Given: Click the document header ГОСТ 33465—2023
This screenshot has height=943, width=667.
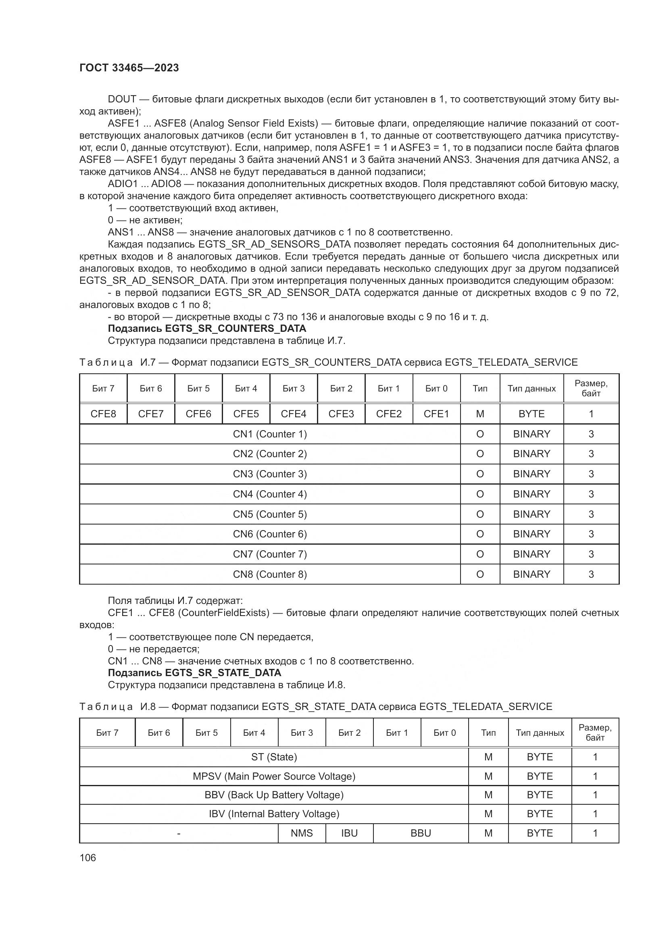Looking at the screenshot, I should pos(129,68).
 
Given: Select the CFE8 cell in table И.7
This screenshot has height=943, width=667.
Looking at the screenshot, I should pos(103,414).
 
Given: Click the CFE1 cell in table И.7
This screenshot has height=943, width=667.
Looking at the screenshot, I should pos(436,414).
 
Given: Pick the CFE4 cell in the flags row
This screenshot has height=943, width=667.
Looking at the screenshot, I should pos(293,414).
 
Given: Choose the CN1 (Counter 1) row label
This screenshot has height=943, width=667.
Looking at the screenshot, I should pos(270,434).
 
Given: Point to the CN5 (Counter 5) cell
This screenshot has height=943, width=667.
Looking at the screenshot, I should pos(270,514).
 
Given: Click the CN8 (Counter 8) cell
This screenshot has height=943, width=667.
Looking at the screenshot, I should pos(270,574).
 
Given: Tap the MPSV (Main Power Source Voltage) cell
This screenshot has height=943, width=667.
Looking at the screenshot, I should pos(274,776).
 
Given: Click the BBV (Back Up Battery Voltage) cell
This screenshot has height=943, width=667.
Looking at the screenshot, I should pos(274,795).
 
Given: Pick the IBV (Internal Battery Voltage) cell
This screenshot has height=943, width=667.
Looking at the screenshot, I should pos(274,814).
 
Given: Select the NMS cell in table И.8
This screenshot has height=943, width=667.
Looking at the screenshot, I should pos(302,833).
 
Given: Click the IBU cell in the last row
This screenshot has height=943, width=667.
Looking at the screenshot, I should pos(349,833).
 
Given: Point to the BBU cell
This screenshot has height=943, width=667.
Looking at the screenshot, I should pos(421,833).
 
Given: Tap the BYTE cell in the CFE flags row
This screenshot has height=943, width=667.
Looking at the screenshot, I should pos(532,414).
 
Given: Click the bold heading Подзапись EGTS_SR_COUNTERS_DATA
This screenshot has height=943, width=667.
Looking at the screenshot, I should pos(207,329).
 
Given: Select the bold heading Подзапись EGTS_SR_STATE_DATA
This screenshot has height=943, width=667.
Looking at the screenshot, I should pos(194,673).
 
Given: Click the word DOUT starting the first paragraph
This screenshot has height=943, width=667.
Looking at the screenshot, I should pos(122,99).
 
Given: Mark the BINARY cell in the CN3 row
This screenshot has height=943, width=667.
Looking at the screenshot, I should pos(532,474).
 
